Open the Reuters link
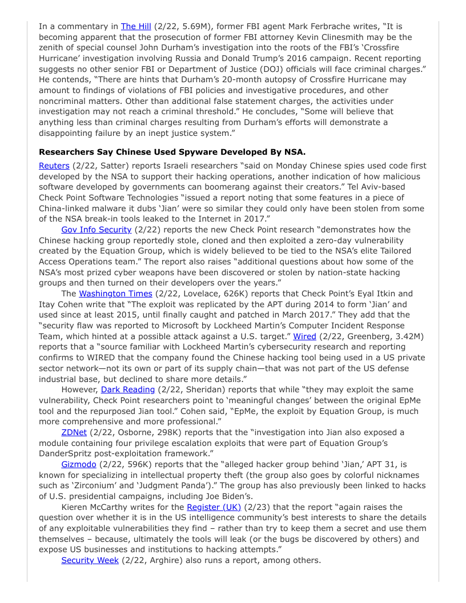click(54, 166)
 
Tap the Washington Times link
click(115, 294)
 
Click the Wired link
click(304, 336)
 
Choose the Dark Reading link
click(128, 389)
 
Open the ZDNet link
click(74, 432)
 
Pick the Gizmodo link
click(79, 464)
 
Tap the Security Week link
click(90, 560)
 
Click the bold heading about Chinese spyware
click(172, 152)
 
